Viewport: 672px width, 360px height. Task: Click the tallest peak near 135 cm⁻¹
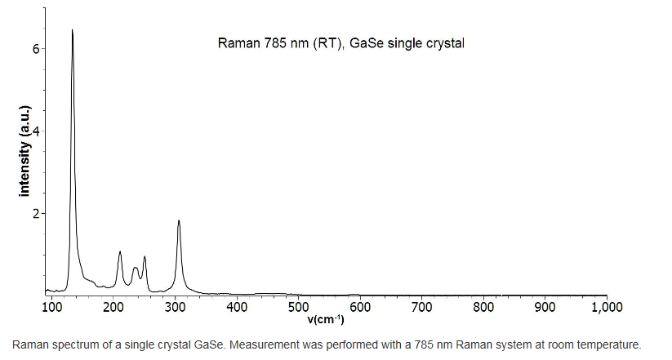tap(73, 31)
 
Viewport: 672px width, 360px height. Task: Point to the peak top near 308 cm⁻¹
tap(179, 221)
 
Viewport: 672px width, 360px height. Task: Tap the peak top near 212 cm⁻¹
tap(120, 252)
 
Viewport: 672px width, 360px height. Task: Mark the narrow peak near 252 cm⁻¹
tap(145, 257)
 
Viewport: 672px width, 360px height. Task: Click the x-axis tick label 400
tap(237, 307)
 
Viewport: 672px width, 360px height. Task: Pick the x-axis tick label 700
tap(422, 307)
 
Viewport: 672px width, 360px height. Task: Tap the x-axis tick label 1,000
tap(606, 307)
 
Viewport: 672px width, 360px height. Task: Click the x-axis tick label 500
tap(298, 307)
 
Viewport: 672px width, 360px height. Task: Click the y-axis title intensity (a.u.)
tap(24, 151)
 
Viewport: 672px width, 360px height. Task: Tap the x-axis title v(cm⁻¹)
tap(325, 319)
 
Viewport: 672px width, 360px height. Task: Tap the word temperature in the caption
tap(607, 344)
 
